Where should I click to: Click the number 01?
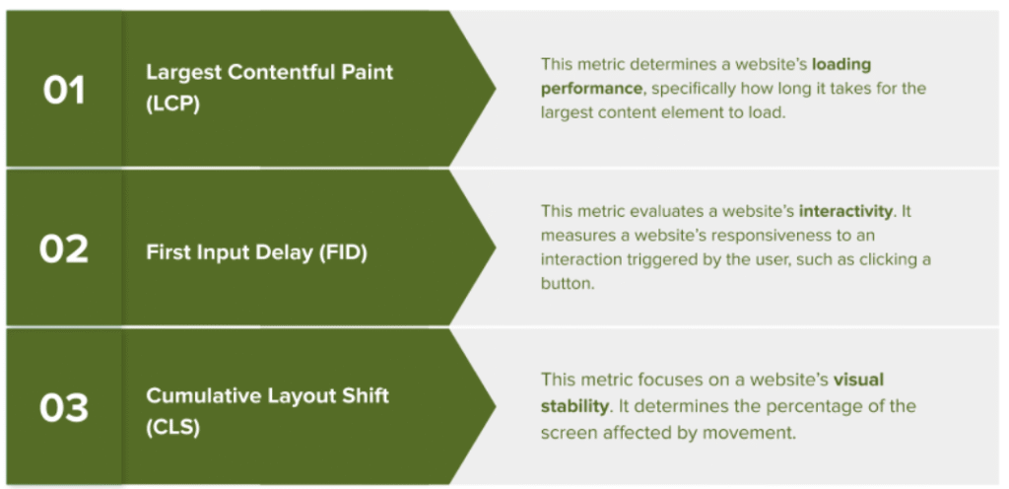[64, 90]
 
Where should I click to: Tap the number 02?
[64, 249]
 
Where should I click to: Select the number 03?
[64, 408]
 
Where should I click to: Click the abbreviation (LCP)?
[173, 105]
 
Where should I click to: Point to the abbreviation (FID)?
[343, 252]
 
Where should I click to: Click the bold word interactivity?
[845, 211]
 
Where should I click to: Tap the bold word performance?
[591, 88]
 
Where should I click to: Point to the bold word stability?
[574, 406]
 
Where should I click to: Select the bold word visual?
[858, 380]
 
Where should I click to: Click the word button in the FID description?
[568, 284]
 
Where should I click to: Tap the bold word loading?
[841, 65]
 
